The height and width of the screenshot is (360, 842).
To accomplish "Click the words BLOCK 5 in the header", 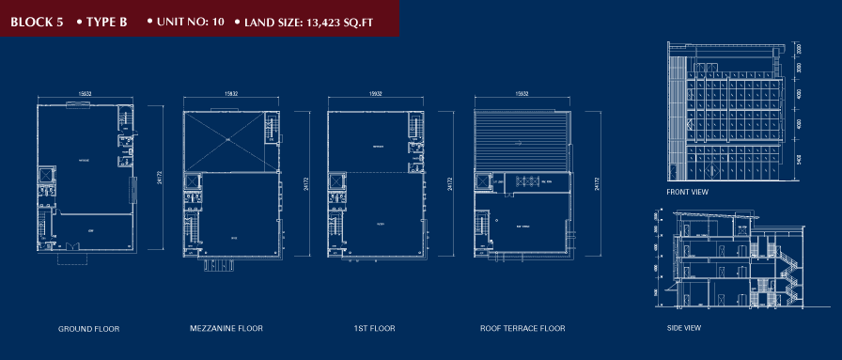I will (37, 21).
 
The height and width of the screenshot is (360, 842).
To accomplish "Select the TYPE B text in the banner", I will (106, 21).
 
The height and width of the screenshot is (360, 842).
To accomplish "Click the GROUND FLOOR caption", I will (88, 329).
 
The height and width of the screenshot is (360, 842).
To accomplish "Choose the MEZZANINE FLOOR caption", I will (226, 329).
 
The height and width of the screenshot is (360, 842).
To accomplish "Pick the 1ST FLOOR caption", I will (374, 329).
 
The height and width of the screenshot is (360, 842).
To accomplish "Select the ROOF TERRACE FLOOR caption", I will (522, 329).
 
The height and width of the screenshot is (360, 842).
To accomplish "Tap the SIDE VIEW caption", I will (683, 328).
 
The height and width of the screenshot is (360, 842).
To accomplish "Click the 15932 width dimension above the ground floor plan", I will (85, 94).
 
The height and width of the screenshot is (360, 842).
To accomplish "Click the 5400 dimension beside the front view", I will (798, 160).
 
